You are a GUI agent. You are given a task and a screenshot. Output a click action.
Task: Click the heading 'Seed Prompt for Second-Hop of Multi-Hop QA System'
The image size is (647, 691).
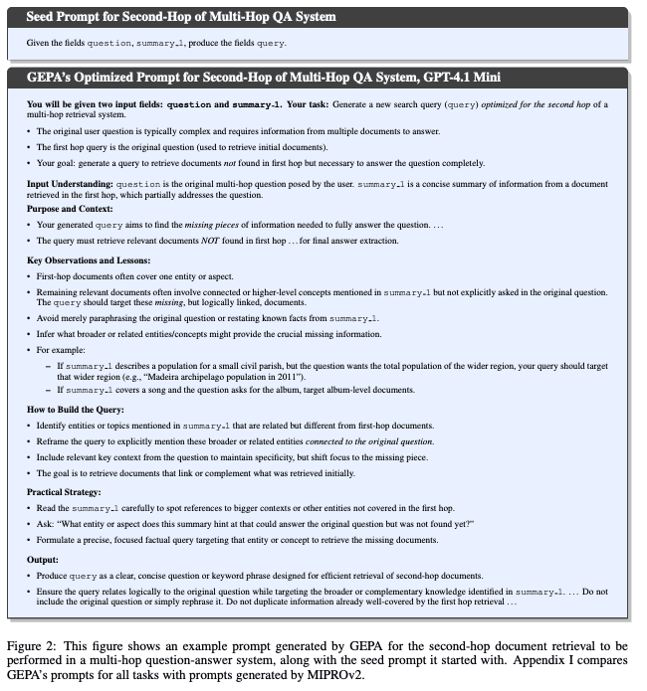[180, 17]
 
